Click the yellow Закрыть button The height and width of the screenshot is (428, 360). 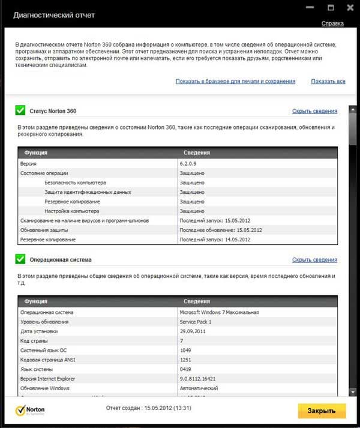322,411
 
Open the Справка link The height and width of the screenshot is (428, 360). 332,23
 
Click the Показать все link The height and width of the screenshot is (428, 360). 328,81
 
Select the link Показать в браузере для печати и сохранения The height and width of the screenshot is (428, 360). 235,81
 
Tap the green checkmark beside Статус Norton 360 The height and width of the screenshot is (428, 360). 20,110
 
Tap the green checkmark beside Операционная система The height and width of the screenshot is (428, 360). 20,259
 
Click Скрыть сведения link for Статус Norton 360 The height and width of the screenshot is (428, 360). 314,111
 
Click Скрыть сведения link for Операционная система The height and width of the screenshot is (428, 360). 314,260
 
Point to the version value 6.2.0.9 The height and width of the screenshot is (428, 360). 191,163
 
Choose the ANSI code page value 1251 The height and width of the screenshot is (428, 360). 186,360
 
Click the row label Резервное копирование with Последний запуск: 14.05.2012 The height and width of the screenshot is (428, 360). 48,240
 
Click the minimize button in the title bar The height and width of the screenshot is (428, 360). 310,8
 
